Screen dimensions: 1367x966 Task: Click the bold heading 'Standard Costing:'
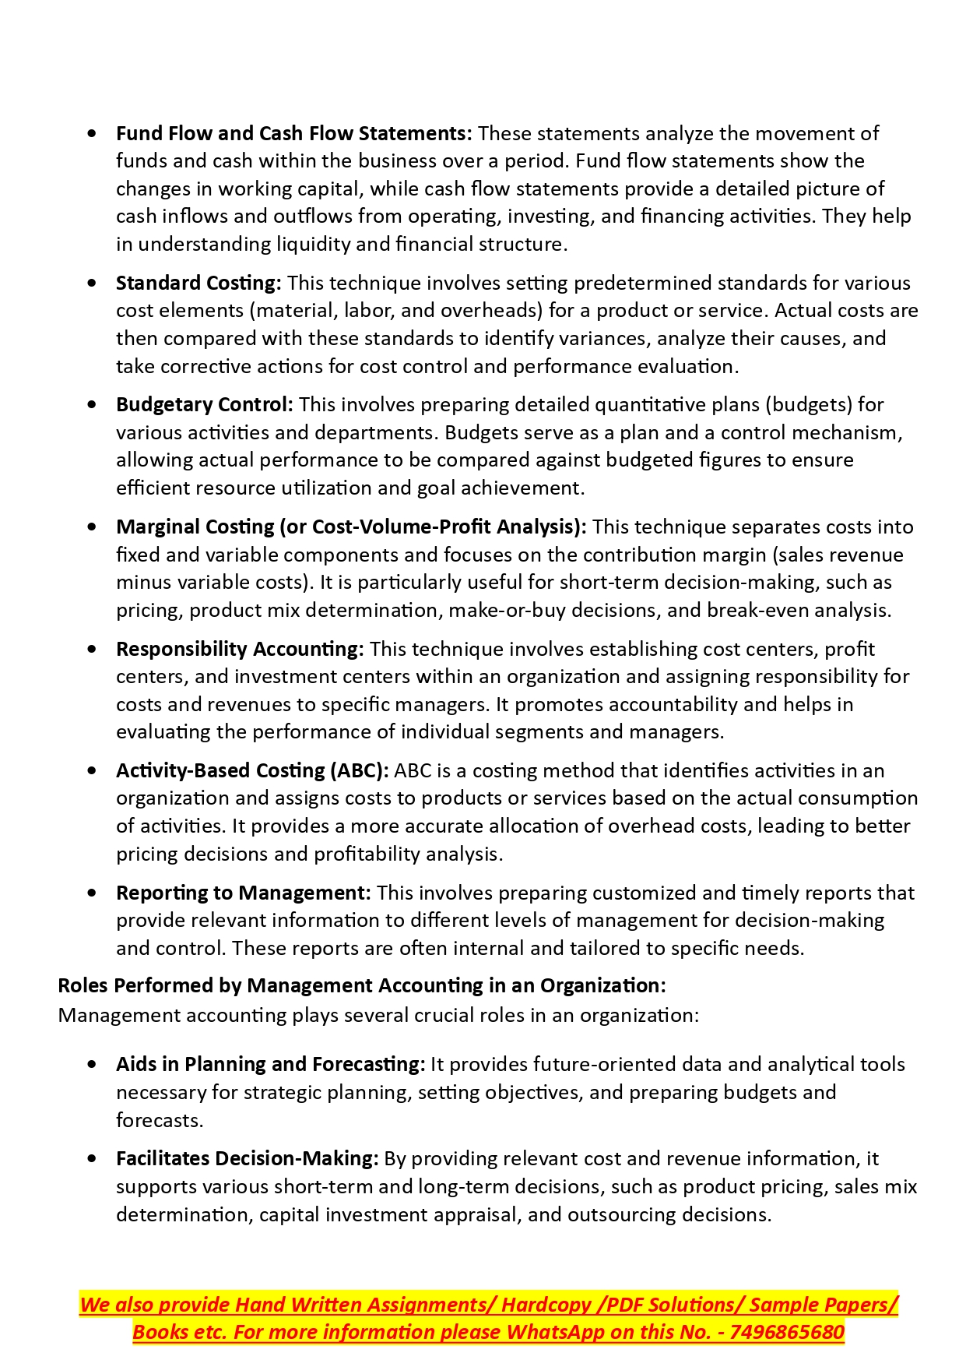pos(198,283)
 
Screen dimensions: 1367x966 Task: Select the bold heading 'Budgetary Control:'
pos(204,404)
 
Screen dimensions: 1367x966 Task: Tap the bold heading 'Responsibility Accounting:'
pos(240,649)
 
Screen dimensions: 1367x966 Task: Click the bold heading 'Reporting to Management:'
pos(243,893)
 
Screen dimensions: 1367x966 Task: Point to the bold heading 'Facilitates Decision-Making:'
pos(247,1158)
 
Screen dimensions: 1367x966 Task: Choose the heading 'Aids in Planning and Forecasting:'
pos(270,1064)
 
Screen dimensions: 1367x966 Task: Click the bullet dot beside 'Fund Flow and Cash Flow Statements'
pos(93,133)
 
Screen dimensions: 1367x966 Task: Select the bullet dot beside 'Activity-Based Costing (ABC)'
pos(93,770)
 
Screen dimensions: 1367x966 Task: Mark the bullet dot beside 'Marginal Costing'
pos(93,527)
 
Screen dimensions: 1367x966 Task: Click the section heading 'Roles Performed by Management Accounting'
pos(361,985)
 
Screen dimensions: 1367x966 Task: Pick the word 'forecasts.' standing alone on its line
pos(160,1120)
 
